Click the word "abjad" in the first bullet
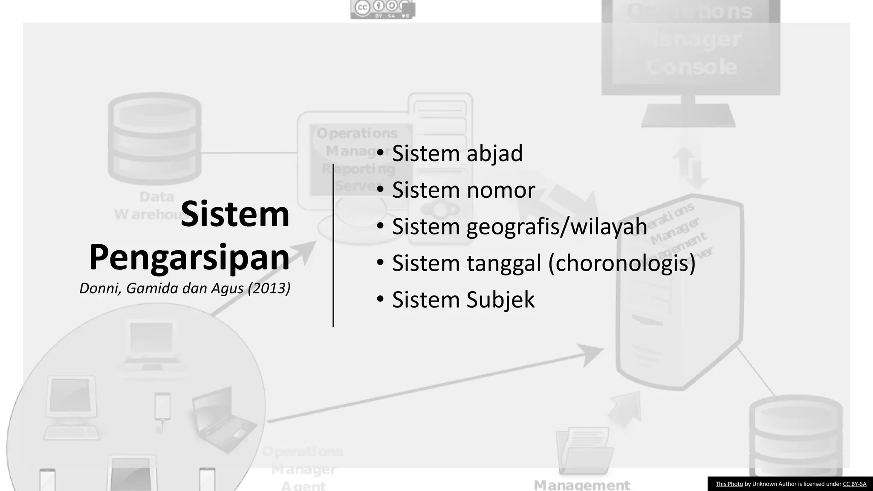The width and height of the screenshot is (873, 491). point(494,153)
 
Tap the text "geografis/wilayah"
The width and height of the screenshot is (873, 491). point(557,227)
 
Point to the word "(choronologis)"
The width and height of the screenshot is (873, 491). point(622,263)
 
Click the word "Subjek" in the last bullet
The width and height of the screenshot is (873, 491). point(500,300)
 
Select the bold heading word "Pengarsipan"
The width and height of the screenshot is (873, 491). point(189,257)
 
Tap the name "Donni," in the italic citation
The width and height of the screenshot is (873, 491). point(101,289)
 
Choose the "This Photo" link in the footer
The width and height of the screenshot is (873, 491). point(729,484)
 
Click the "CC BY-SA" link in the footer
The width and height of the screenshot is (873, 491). point(854,484)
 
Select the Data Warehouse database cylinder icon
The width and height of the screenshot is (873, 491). point(154,139)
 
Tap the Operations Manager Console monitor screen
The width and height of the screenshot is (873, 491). point(691,43)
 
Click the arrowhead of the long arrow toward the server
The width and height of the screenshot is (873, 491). point(593,354)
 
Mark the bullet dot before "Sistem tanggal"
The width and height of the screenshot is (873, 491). point(380,263)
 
